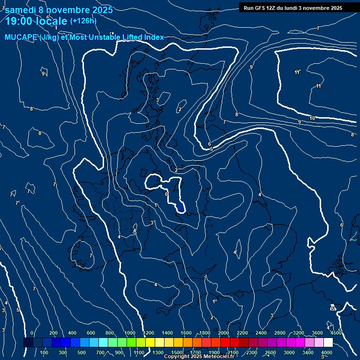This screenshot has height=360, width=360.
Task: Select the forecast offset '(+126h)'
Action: (83, 21)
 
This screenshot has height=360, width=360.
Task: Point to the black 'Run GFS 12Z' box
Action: (292, 8)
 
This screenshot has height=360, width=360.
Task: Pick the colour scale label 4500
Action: (336, 333)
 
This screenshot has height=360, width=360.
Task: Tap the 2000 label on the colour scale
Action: (224, 333)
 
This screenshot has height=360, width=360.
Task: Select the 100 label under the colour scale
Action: (44, 352)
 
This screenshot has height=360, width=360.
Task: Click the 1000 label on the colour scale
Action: (130, 333)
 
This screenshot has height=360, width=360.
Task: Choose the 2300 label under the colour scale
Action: (252, 352)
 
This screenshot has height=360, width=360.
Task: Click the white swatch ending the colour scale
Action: (328, 343)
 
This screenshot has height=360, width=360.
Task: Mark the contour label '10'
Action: (312, 118)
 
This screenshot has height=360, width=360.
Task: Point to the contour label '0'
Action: (166, 194)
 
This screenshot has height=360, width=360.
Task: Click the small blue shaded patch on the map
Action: (181, 207)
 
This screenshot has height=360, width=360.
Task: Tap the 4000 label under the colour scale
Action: (327, 352)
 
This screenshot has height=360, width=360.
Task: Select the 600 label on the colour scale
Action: (91, 333)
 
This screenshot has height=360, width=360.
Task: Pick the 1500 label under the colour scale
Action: (177, 352)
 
